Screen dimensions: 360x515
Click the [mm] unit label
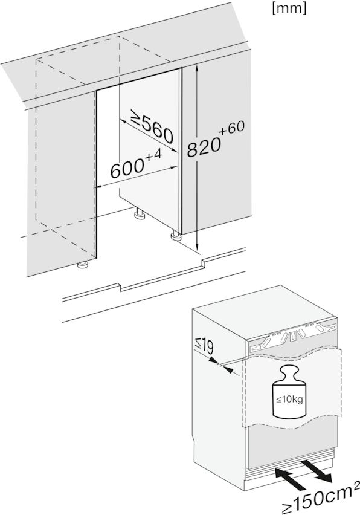coord(289,8)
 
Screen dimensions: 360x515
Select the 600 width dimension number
coord(127,169)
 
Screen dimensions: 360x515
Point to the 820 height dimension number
coord(204,147)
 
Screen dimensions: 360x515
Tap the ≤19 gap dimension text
coord(204,347)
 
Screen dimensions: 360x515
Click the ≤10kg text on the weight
coord(289,400)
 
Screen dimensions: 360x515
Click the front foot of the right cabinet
coord(175,237)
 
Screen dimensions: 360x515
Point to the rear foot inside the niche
coord(140,213)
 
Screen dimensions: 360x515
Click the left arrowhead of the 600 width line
coord(99,187)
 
